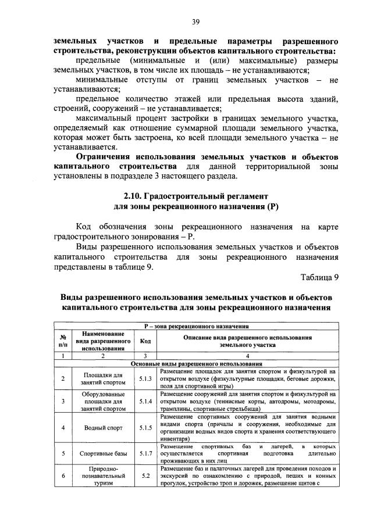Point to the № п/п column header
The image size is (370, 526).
coord(62,342)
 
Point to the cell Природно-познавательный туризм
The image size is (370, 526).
coord(102,475)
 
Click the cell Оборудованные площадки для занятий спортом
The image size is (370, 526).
coord(102,401)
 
